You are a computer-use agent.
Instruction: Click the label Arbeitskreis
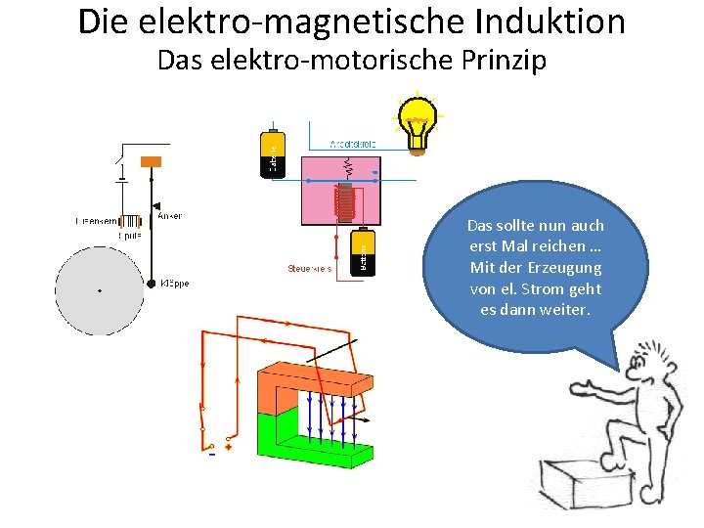[x=354, y=143]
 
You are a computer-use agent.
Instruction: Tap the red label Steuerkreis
[x=309, y=268]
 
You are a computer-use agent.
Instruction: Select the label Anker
[x=170, y=216]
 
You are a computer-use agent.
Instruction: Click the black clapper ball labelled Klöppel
[x=152, y=284]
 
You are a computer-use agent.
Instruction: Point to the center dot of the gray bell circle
[x=100, y=290]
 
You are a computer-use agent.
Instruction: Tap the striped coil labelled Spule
[x=131, y=222]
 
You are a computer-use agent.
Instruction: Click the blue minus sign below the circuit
[x=212, y=452]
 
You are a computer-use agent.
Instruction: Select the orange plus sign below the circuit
[x=229, y=448]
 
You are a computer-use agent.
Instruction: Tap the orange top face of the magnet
[x=313, y=375]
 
